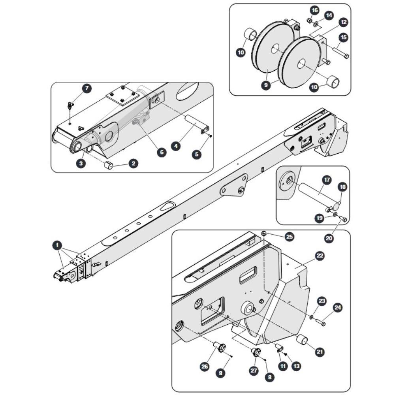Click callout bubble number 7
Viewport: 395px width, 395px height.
tap(87, 88)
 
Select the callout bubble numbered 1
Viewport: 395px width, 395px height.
tap(57, 245)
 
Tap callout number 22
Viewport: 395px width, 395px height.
tap(320, 256)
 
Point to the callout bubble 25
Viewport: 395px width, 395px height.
tap(290, 237)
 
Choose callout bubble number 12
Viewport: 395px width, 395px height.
tap(344, 22)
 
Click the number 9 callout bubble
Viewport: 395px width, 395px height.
tap(266, 85)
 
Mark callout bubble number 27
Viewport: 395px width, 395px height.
tap(254, 371)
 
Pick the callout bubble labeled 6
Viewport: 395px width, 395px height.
tap(162, 152)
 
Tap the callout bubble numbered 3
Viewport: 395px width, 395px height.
tap(81, 163)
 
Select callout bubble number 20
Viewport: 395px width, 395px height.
tap(329, 238)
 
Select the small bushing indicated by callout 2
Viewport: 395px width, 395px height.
tap(108, 165)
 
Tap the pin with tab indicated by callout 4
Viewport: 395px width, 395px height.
tap(197, 124)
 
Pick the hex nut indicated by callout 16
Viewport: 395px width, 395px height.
tap(310, 20)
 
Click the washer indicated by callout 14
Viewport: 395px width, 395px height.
tap(316, 24)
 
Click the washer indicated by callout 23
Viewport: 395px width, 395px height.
tap(312, 317)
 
